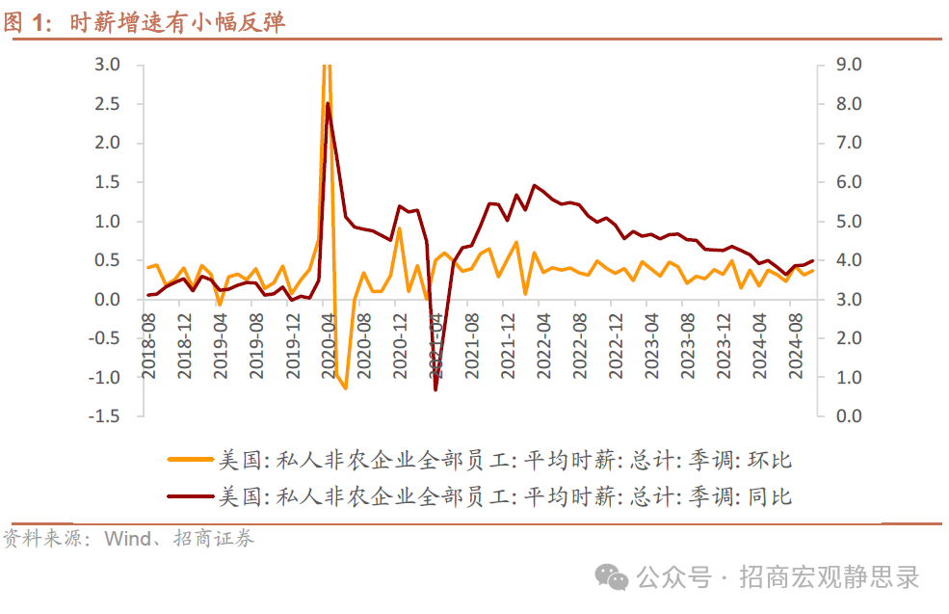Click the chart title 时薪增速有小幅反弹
(x=178, y=23)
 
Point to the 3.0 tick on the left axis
(x=107, y=65)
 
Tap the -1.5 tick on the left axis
(x=104, y=416)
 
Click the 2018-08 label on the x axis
(x=149, y=344)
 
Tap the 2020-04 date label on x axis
(x=329, y=344)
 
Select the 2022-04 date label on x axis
(x=542, y=344)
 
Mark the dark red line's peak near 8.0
(x=328, y=103)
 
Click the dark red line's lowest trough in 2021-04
(x=435, y=389)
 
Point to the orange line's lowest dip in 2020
(x=345, y=387)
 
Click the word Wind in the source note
(x=125, y=539)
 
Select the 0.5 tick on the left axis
(x=107, y=260)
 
